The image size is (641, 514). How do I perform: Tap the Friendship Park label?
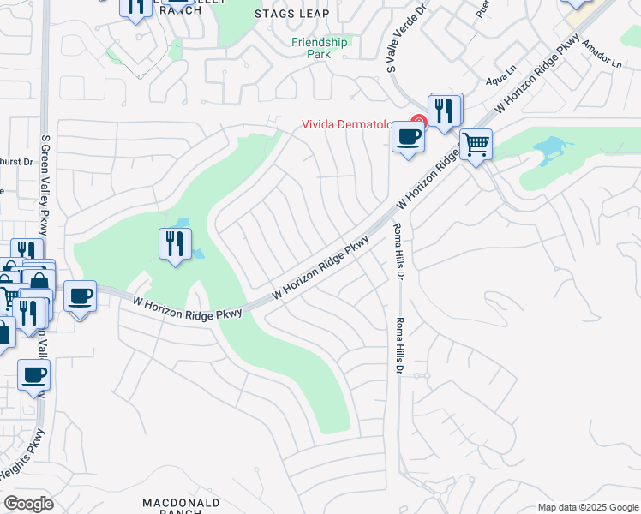click(x=320, y=47)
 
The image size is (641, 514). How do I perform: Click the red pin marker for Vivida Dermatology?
click(x=419, y=123)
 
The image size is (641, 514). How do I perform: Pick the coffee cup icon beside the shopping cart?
click(x=408, y=136)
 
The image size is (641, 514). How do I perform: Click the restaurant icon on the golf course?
click(x=175, y=244)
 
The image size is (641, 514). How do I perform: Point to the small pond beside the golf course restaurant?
click(x=198, y=253)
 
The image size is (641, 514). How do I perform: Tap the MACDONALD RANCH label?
click(x=181, y=505)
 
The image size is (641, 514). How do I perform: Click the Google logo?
click(x=28, y=504)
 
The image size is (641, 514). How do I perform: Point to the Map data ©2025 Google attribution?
click(x=587, y=507)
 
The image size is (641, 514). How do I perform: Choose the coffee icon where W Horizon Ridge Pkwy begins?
click(x=80, y=296)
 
